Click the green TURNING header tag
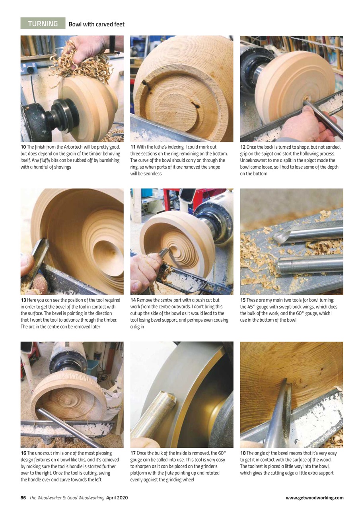pos(43,23)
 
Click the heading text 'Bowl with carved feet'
pos(96,24)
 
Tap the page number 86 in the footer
pos(23,497)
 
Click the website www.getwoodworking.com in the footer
pos(314,497)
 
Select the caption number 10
pos(23,147)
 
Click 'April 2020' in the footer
pos(117,497)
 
